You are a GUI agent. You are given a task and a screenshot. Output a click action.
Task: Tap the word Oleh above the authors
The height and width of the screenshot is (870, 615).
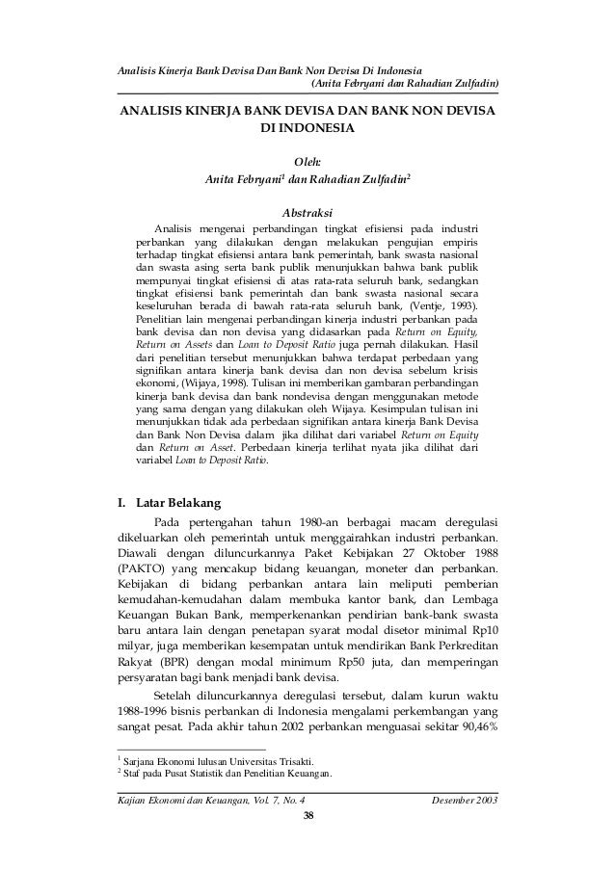click(x=307, y=163)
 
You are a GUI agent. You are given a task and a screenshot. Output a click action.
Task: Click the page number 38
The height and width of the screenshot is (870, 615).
click(x=307, y=818)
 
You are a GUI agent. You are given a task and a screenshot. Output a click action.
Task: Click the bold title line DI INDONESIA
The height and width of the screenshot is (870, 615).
click(x=307, y=128)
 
